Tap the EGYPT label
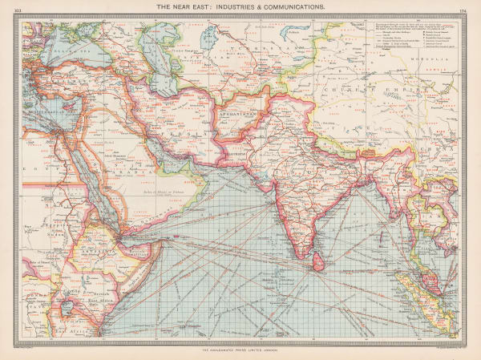click(x=38, y=170)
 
